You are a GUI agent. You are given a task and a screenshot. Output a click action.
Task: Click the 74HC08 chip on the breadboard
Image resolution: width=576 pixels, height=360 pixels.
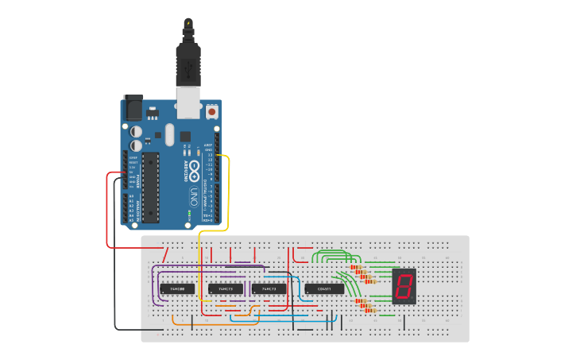point(177,288)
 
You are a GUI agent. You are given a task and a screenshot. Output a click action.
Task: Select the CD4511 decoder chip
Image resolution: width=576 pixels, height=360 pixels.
point(325,288)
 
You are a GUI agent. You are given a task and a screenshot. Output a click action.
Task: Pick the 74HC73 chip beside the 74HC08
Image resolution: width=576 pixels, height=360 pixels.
point(225,288)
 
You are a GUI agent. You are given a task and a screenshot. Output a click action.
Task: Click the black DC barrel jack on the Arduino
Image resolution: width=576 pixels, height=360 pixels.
point(132,108)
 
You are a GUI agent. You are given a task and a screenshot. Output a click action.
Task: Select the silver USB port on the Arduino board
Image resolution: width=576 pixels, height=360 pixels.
point(188,103)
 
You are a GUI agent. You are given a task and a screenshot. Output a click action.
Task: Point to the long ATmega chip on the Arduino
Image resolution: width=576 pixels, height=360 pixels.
point(151,188)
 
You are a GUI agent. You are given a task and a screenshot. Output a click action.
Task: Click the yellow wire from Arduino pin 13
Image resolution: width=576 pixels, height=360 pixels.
point(229,191)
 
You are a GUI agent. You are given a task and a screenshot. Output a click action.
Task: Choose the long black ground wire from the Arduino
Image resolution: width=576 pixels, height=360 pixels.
point(115,262)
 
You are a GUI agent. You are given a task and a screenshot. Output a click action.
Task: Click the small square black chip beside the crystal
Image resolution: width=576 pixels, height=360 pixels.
point(185,136)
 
